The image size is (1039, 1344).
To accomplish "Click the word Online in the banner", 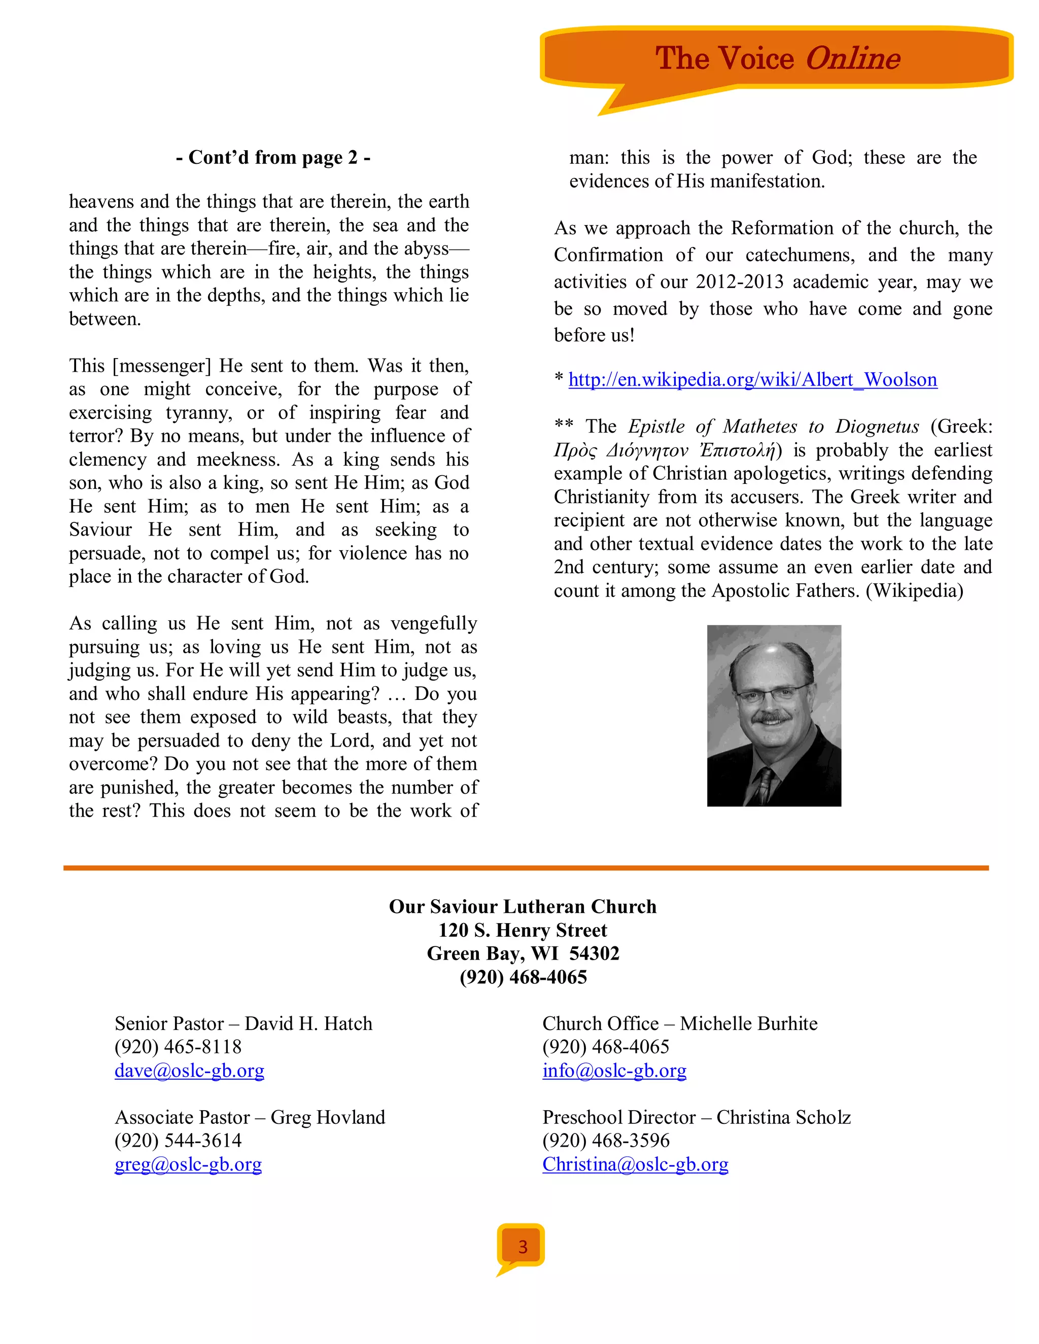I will (x=852, y=59).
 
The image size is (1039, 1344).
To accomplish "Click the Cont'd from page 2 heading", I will (x=272, y=158).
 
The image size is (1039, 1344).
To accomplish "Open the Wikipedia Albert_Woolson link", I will (x=752, y=380).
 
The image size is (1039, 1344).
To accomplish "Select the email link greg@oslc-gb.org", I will (x=188, y=1164).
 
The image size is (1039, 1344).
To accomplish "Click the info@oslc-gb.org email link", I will (x=614, y=1071).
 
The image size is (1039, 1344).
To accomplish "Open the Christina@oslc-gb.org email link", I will (x=635, y=1164).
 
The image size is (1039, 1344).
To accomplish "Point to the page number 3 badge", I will (x=522, y=1247).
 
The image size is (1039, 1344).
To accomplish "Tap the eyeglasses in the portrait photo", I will (x=772, y=695).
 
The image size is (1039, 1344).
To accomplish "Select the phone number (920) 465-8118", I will (x=178, y=1047).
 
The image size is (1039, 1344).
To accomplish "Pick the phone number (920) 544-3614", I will (x=178, y=1140).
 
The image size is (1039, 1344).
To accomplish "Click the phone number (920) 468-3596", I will (x=606, y=1140).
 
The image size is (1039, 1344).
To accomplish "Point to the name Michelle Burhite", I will (x=748, y=1023).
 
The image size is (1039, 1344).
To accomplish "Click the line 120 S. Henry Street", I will (x=523, y=930).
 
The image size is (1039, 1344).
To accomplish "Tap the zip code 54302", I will (x=594, y=953).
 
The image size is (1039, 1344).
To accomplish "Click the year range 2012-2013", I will (x=739, y=282).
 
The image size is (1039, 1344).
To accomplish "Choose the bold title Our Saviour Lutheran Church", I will (x=523, y=906).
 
